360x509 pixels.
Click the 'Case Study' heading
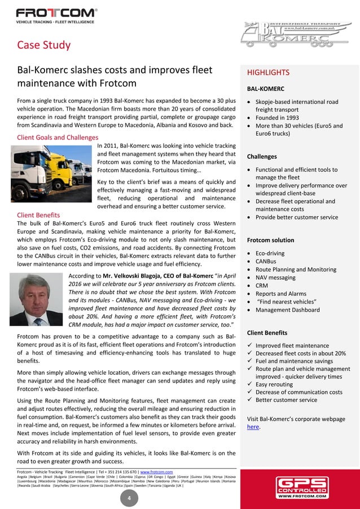[44, 45]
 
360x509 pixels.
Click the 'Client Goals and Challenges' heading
[58, 137]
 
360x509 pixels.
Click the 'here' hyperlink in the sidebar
[253, 427]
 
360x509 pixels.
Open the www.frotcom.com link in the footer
[156, 471]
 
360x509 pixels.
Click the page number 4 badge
[129, 498]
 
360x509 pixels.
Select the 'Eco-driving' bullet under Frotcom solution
[270, 253]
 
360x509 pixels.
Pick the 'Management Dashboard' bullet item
[288, 310]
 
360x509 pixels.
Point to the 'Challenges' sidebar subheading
[262, 156]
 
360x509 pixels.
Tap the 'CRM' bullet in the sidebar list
[262, 286]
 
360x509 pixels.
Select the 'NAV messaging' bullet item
[275, 278]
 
